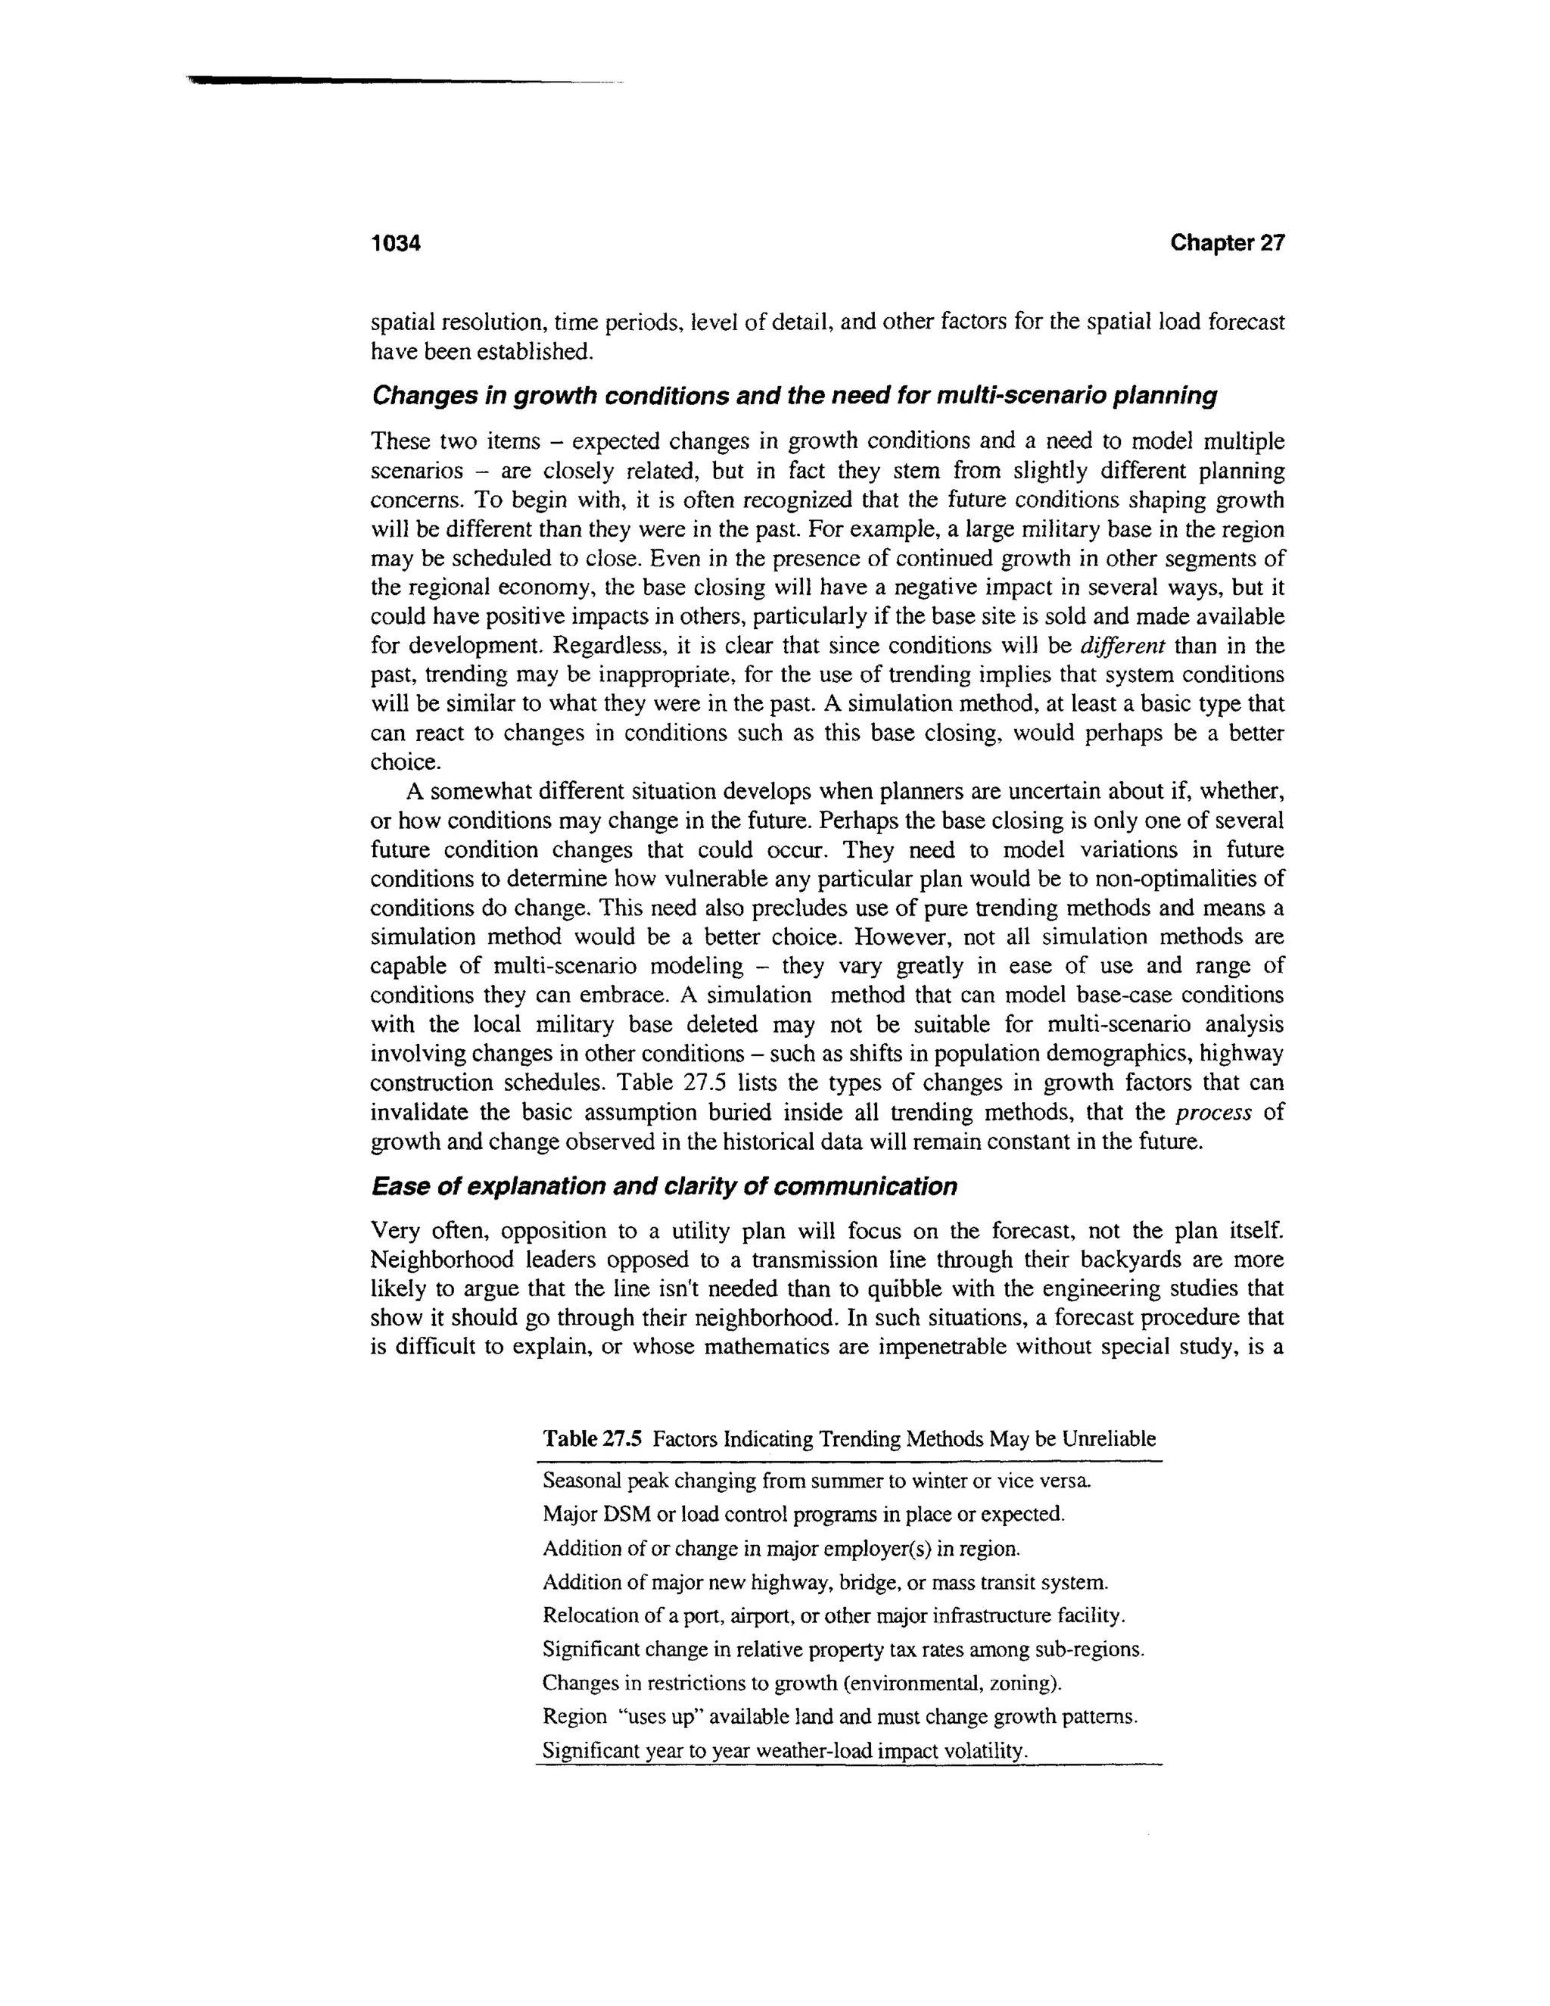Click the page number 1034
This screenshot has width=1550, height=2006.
point(395,244)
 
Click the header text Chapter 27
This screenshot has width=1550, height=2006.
point(1227,244)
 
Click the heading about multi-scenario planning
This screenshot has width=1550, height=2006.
point(793,396)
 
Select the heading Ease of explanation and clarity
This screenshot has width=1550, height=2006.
point(663,1187)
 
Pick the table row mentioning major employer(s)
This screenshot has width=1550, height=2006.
point(781,1549)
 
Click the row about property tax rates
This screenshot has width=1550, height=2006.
point(843,1649)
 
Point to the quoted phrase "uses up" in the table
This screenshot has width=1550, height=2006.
point(655,1717)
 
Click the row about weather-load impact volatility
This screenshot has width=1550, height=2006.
point(784,1751)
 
